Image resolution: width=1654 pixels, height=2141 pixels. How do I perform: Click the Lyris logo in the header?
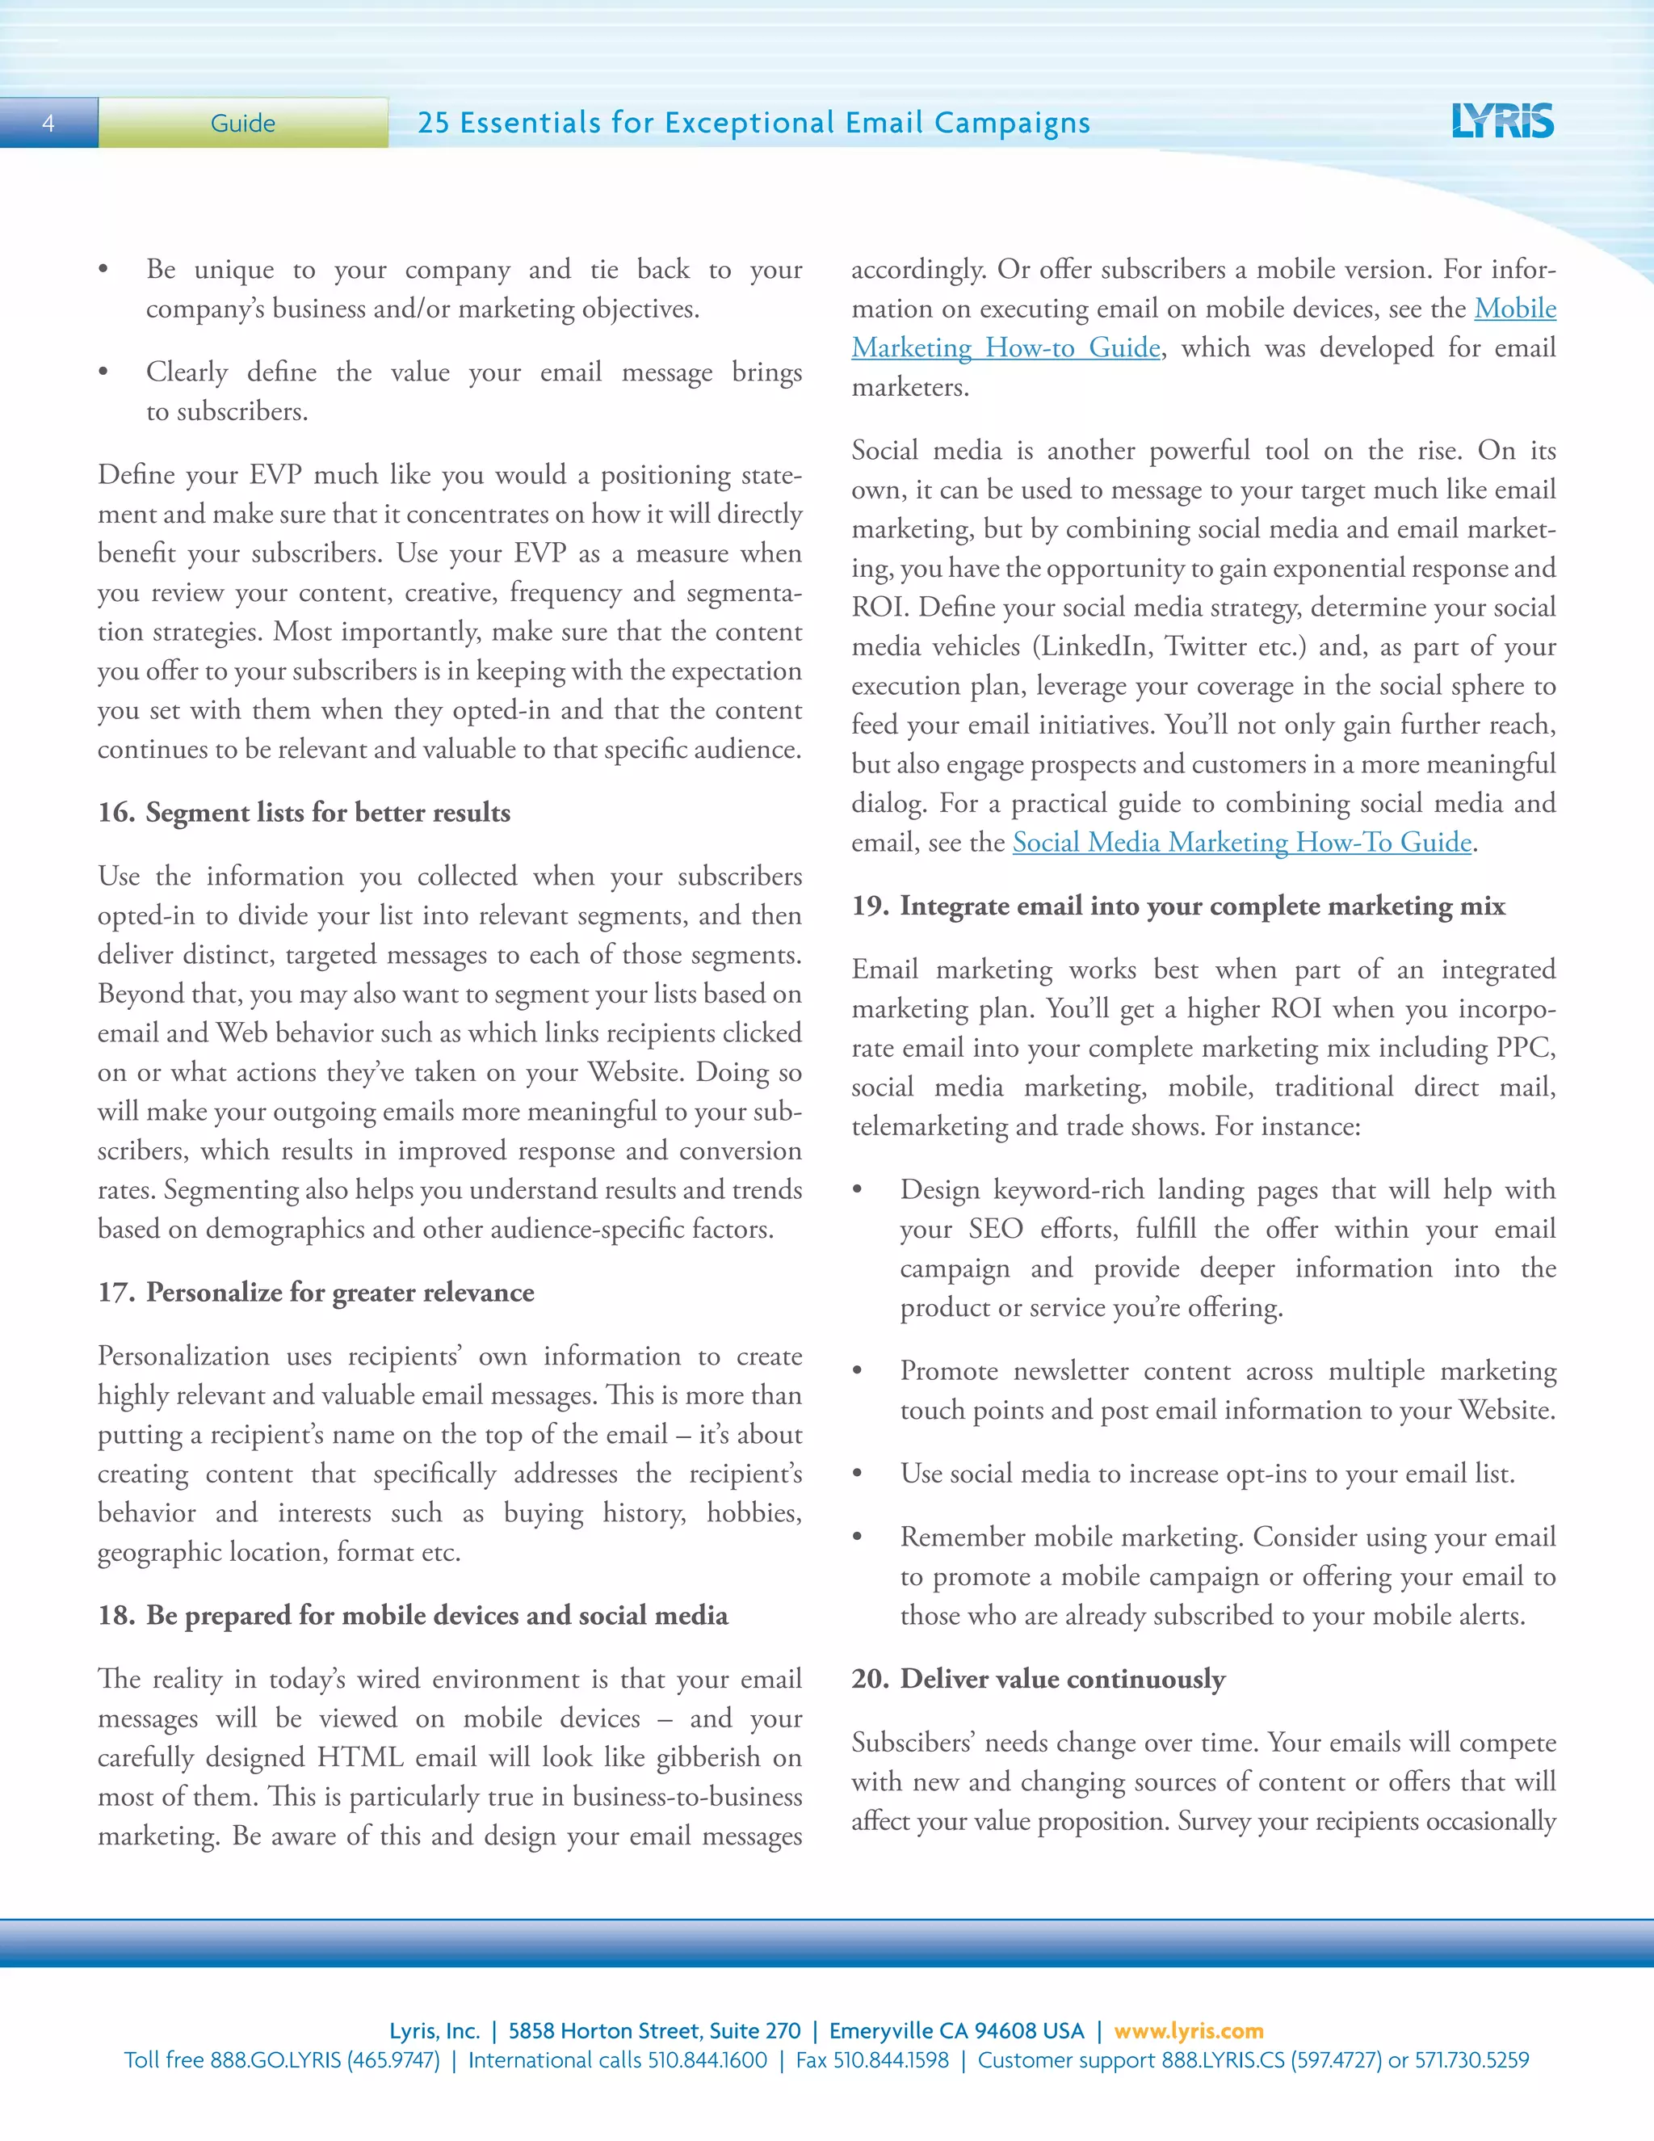click(1502, 121)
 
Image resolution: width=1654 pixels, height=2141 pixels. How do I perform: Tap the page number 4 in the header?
click(48, 124)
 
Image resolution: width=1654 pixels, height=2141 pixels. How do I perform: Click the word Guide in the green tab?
click(242, 124)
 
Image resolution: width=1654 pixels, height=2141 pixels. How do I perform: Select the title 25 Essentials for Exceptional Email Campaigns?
click(753, 123)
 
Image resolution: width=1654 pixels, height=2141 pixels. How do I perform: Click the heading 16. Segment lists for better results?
click(304, 813)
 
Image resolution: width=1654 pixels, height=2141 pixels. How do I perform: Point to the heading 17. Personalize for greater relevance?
click(316, 1292)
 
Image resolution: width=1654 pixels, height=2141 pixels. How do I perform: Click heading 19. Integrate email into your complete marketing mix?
click(1178, 906)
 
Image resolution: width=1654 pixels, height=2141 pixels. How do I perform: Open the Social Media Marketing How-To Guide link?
click(1241, 842)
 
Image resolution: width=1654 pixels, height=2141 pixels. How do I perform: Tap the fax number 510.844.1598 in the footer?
click(890, 2059)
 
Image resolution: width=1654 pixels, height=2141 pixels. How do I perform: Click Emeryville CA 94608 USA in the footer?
click(956, 2030)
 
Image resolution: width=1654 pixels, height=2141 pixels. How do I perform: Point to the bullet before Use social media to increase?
click(858, 1474)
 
